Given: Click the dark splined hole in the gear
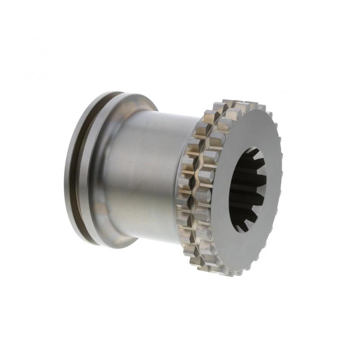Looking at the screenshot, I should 247,189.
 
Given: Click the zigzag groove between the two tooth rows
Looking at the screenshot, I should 195,189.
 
